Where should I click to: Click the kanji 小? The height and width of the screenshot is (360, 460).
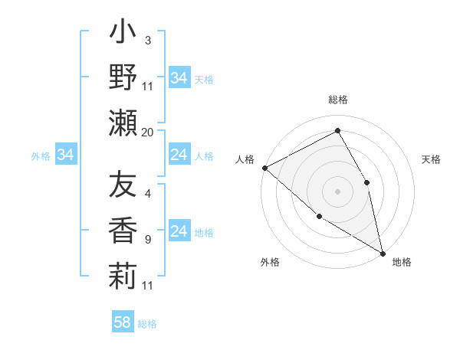tap(123, 34)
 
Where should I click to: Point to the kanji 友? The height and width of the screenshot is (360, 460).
tap(123, 185)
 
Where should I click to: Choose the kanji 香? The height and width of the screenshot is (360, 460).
tap(123, 231)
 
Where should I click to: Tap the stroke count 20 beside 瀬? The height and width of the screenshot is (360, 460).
tap(148, 133)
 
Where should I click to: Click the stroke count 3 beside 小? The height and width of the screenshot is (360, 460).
tap(147, 40)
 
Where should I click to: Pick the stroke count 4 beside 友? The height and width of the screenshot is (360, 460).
tap(147, 193)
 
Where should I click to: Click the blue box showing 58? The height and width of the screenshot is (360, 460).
tap(123, 322)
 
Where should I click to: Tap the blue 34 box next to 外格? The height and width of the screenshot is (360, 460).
tap(66, 155)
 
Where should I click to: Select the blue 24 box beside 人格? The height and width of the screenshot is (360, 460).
tap(179, 155)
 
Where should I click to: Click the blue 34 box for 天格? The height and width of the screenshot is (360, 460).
tap(179, 78)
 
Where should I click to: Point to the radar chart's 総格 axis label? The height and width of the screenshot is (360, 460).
tap(338, 100)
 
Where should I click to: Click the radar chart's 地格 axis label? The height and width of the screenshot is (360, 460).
tap(402, 262)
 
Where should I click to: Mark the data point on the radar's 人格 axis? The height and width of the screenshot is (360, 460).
tap(264, 168)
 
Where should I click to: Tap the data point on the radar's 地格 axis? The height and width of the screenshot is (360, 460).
tap(382, 252)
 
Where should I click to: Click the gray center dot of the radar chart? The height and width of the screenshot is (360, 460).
tap(338, 191)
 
